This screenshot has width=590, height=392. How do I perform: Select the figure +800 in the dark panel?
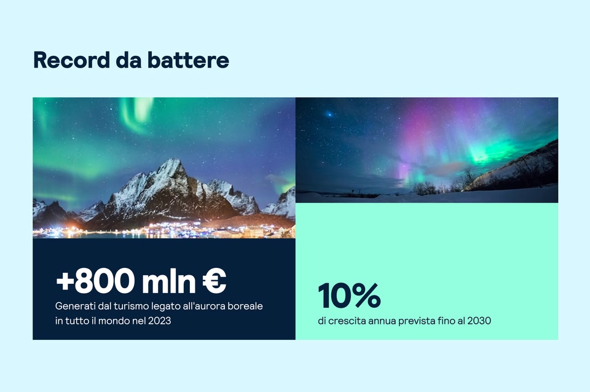[95, 281]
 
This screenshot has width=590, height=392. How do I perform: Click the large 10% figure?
[349, 296]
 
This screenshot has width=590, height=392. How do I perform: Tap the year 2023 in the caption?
[159, 321]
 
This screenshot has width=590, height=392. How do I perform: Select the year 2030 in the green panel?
[479, 321]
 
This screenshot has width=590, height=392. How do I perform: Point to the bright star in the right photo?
[329, 114]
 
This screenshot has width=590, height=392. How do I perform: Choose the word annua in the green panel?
[385, 321]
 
